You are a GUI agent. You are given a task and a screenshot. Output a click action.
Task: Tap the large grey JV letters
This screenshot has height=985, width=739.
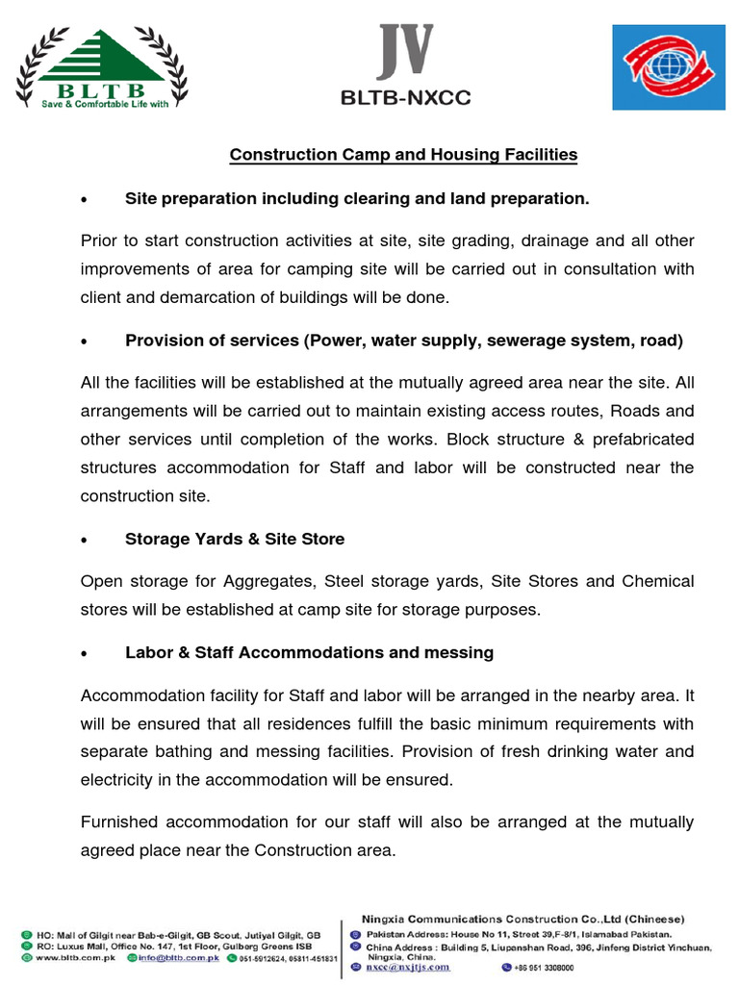point(405,52)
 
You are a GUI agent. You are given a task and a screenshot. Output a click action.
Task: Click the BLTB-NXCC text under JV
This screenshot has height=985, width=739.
point(405,97)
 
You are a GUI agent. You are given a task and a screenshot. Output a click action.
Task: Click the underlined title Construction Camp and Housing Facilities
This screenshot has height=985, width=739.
point(402,154)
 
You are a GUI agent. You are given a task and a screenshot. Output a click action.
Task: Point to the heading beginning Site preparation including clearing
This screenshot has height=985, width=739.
point(356,198)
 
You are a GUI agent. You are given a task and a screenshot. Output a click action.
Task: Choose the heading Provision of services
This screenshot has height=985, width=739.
point(404,341)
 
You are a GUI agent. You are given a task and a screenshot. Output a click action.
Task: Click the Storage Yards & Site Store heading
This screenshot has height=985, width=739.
point(234,539)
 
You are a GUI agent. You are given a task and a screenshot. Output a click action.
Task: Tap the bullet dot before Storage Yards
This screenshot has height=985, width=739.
point(87,541)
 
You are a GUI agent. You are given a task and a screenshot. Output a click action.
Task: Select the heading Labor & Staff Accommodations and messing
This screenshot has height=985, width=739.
point(309,652)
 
